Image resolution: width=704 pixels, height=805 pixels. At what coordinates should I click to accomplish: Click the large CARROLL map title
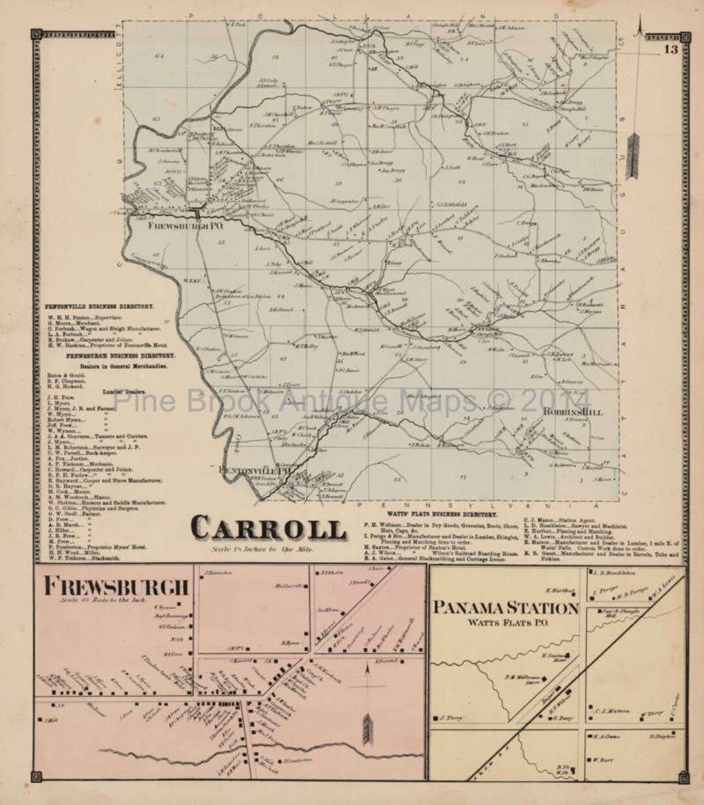pyautogui.click(x=269, y=528)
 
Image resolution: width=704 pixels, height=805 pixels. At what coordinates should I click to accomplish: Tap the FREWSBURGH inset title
pyautogui.click(x=116, y=586)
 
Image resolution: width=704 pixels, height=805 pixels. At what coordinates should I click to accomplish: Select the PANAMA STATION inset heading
pyautogui.click(x=506, y=607)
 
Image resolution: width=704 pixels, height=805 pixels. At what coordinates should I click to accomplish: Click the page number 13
pyautogui.click(x=671, y=50)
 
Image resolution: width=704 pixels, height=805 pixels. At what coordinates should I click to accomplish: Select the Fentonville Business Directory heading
pyautogui.click(x=99, y=306)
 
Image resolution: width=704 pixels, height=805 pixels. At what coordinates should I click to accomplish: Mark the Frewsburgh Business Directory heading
pyautogui.click(x=120, y=357)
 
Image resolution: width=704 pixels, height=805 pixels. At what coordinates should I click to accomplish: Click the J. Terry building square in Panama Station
pyautogui.click(x=435, y=718)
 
